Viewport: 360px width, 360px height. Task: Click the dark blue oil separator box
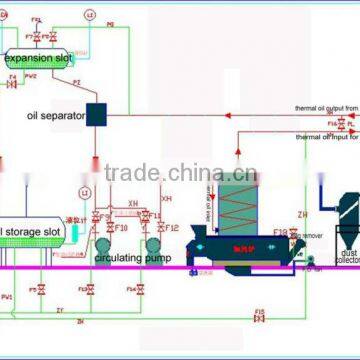(x=98, y=114)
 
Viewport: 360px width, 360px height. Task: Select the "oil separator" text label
(x=54, y=115)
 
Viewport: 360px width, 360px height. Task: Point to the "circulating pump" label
(x=126, y=257)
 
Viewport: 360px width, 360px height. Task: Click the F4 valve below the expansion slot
(x=13, y=84)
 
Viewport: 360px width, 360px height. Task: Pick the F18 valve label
(x=279, y=231)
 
